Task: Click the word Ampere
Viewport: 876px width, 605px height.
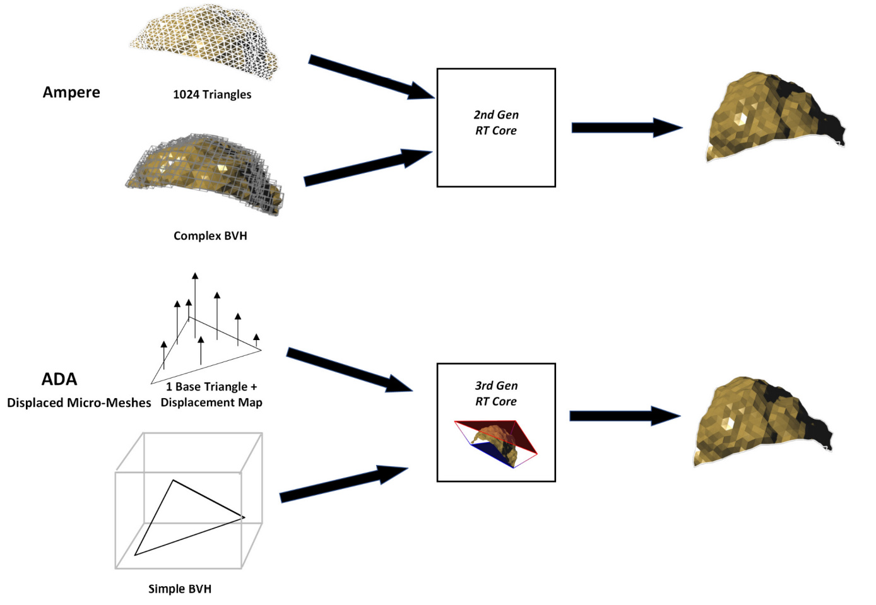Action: pyautogui.click(x=71, y=92)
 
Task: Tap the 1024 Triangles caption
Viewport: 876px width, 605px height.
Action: pyautogui.click(x=212, y=95)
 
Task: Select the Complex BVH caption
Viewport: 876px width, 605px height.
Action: pyautogui.click(x=210, y=236)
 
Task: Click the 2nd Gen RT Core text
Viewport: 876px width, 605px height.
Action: pyautogui.click(x=496, y=122)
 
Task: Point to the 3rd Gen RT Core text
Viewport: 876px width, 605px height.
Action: pyautogui.click(x=496, y=393)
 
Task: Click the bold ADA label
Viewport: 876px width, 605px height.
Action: pyautogui.click(x=59, y=379)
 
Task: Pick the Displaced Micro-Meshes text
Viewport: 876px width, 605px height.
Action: pyautogui.click(x=79, y=402)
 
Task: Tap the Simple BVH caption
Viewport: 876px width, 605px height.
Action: pyautogui.click(x=180, y=589)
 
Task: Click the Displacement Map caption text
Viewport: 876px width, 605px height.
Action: pyautogui.click(x=211, y=402)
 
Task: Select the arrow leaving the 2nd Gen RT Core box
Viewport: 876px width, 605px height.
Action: pyautogui.click(x=626, y=127)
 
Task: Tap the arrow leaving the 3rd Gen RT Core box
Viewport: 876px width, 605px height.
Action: pyautogui.click(x=624, y=416)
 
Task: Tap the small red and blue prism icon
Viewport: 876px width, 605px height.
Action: pyautogui.click(x=496, y=443)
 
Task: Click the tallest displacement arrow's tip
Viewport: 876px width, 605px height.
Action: pyautogui.click(x=196, y=276)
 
